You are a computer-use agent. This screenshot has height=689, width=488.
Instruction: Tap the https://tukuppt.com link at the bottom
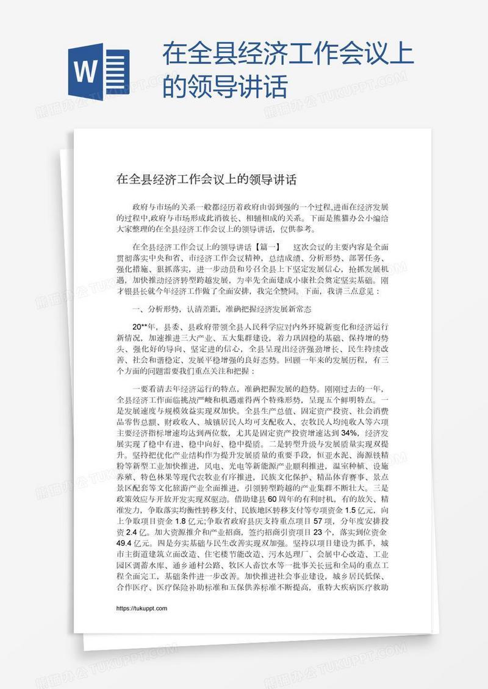click(142, 609)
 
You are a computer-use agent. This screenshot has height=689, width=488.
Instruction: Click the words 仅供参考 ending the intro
click(296, 229)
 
